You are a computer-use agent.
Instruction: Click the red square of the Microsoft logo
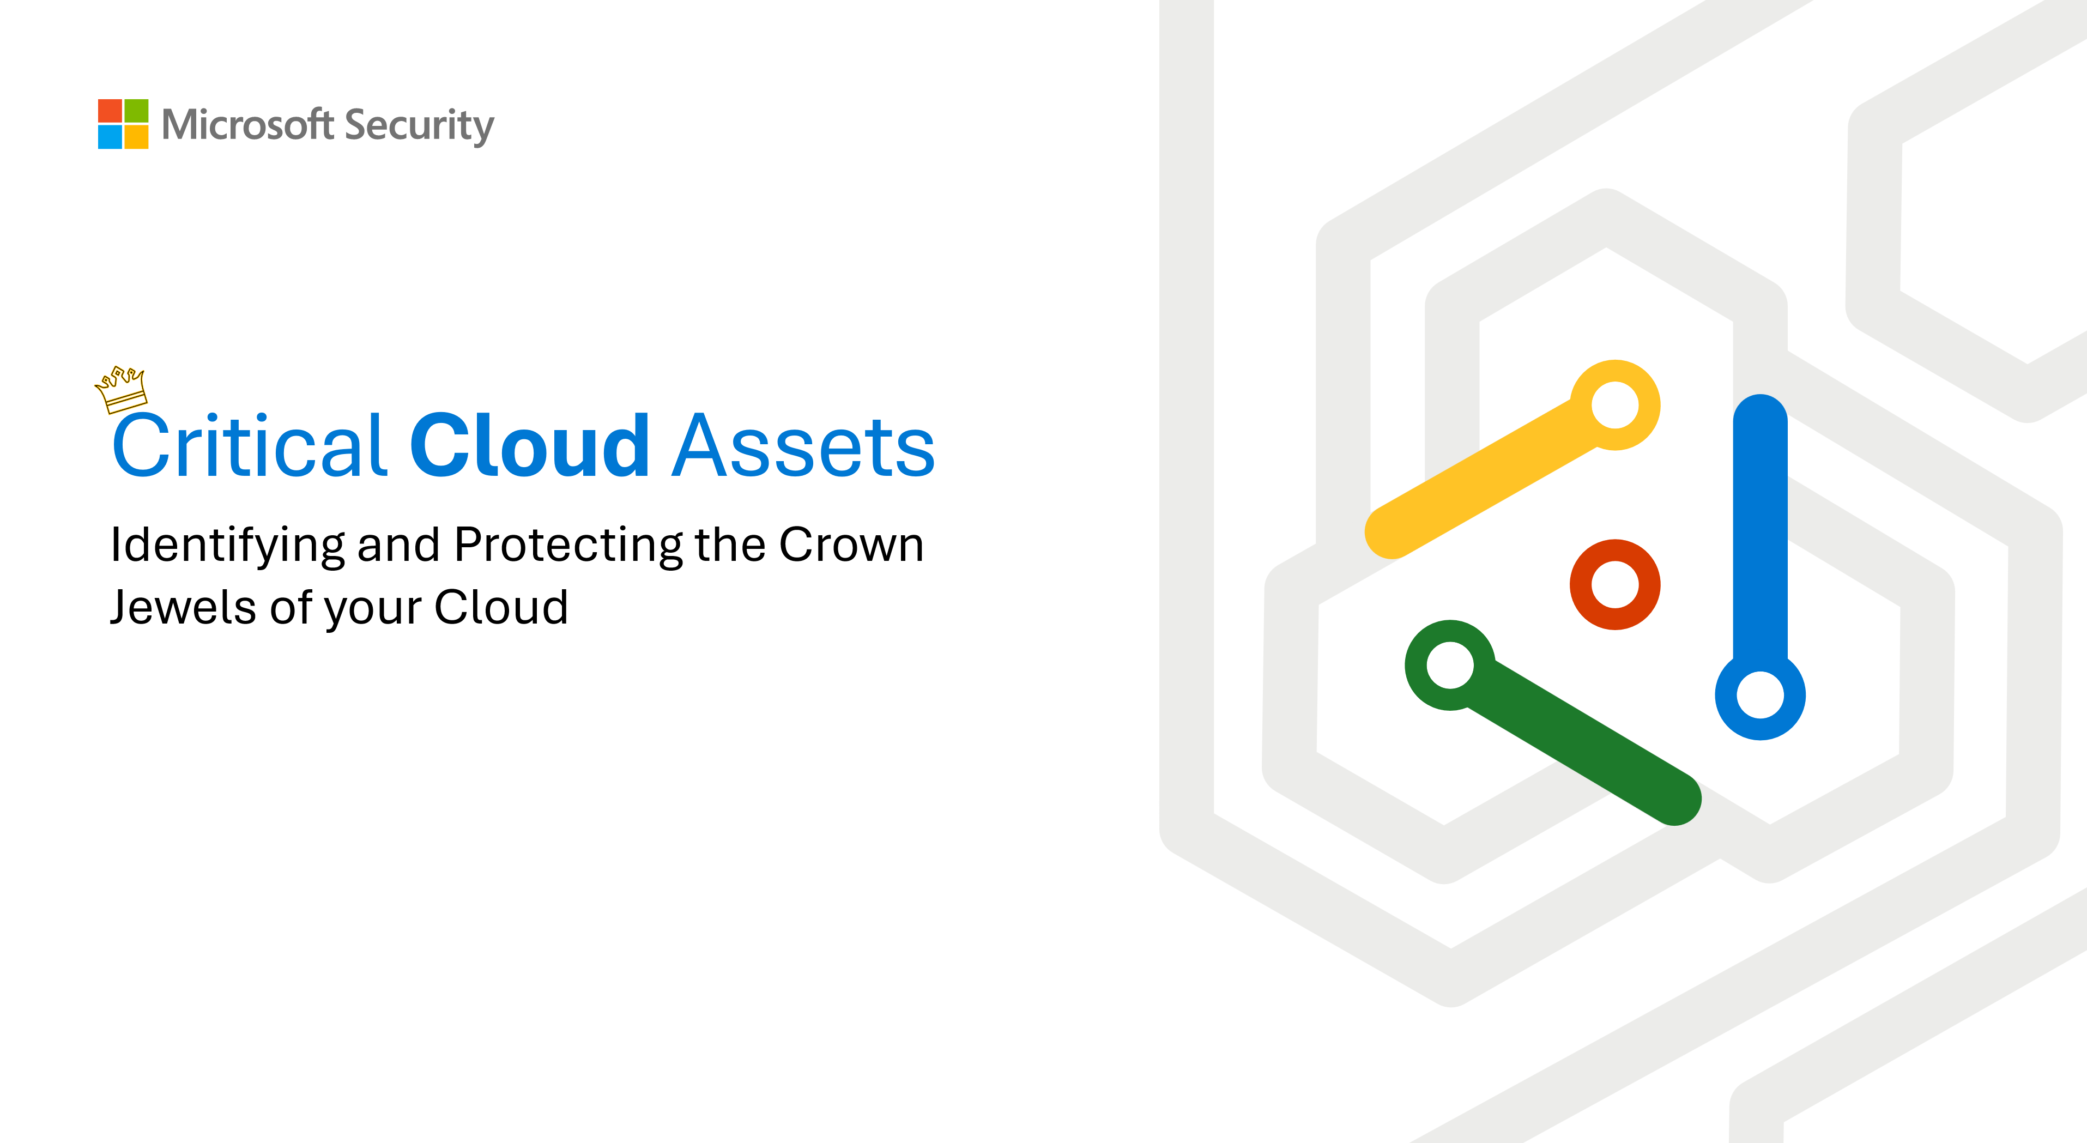(110, 111)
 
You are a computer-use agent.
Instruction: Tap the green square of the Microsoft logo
(136, 111)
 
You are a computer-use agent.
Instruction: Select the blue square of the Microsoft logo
(110, 137)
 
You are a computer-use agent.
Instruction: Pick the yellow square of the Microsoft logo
(136, 137)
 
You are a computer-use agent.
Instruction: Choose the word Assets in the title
(804, 447)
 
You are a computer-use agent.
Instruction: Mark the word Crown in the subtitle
(851, 545)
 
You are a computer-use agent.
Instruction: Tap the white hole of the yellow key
(1614, 405)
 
